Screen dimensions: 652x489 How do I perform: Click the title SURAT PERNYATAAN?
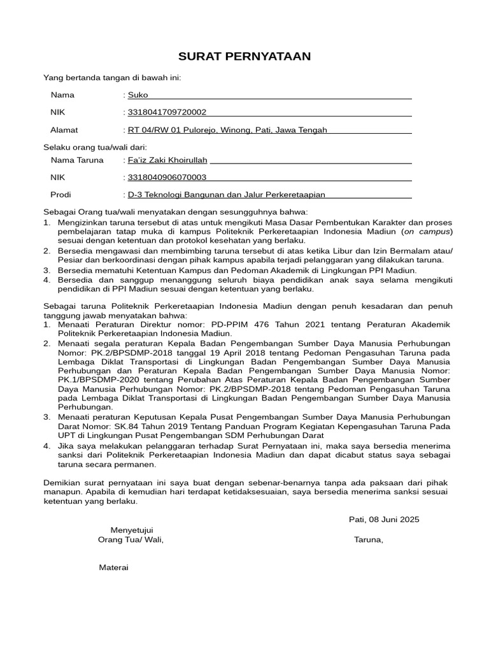(x=244, y=57)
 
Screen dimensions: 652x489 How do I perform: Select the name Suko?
(x=138, y=95)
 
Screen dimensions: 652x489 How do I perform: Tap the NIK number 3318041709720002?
(x=167, y=113)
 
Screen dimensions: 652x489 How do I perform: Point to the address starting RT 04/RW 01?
(x=227, y=130)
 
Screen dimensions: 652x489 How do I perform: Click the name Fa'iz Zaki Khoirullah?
(x=168, y=160)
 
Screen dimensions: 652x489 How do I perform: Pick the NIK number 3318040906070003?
(x=167, y=178)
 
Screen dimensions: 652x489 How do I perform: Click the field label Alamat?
(x=64, y=130)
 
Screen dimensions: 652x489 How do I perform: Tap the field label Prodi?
(x=60, y=195)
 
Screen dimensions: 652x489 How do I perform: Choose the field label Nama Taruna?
(x=76, y=160)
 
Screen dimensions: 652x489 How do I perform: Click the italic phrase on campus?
(x=430, y=232)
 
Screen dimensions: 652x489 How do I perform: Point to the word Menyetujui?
(x=132, y=530)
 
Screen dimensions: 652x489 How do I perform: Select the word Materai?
(x=113, y=567)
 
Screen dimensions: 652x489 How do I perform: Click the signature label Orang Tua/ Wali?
(x=130, y=540)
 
